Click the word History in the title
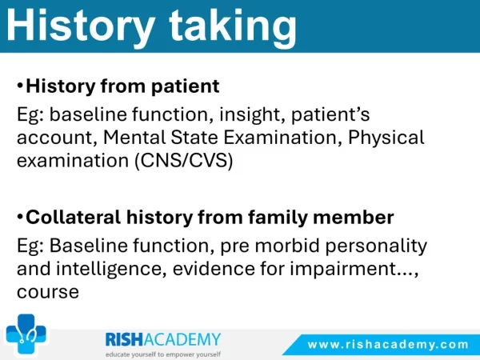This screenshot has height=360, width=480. coord(81,26)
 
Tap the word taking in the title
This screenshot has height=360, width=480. coord(233,27)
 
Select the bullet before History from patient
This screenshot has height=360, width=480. coord(20,86)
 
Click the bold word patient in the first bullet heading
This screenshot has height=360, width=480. coord(186,86)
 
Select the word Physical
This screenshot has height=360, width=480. coord(386,138)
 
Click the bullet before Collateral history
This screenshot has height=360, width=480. coord(20,217)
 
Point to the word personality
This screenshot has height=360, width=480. coord(376,246)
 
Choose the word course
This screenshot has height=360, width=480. coord(48,292)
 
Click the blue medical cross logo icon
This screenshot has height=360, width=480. coord(26,334)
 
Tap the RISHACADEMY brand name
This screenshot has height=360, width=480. coord(163,339)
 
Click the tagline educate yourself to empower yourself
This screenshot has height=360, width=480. coord(163,354)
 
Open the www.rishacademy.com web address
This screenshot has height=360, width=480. coord(388,344)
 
